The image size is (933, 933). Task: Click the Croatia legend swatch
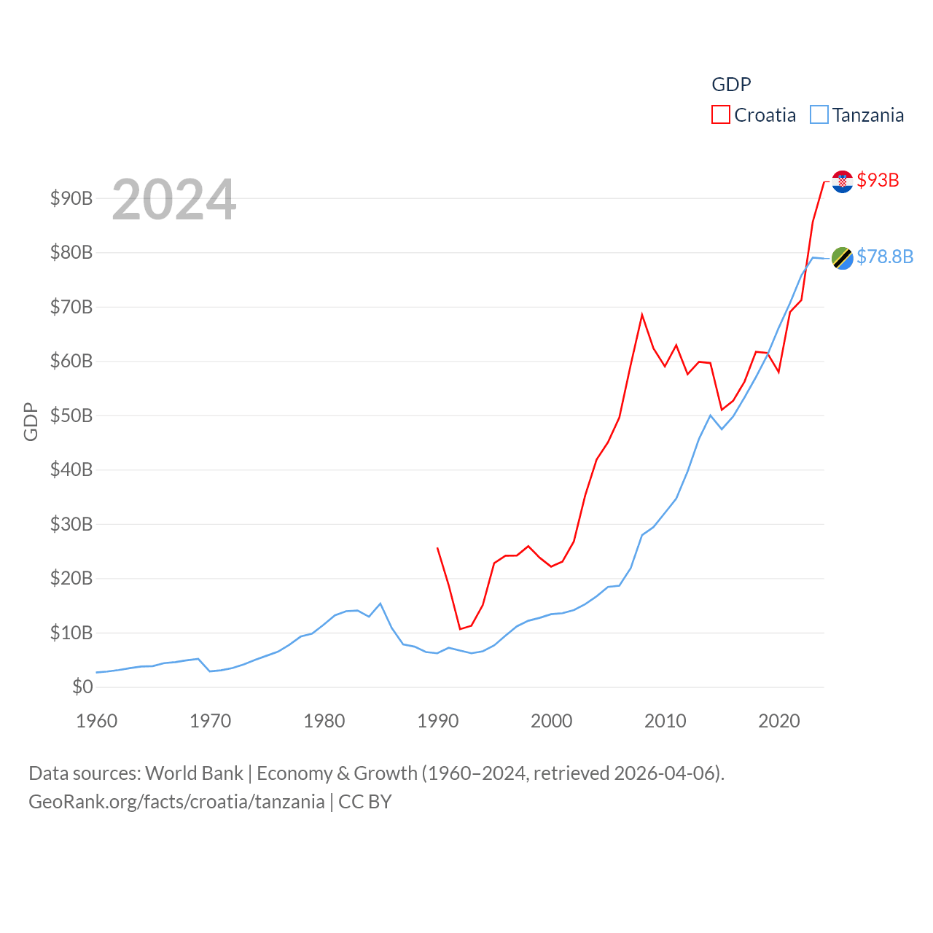(721, 115)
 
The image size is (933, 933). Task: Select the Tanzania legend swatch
(819, 115)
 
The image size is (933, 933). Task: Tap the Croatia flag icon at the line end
(842, 181)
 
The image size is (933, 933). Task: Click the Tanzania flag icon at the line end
(842, 257)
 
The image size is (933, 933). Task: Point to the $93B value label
(878, 180)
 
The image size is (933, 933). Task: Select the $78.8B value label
(885, 257)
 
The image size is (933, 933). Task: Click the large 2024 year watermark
(174, 200)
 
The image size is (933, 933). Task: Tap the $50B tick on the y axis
(71, 415)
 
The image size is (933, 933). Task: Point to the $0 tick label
(82, 687)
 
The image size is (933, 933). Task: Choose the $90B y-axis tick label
(71, 198)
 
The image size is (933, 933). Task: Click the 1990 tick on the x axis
(438, 721)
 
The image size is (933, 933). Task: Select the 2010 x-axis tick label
(665, 721)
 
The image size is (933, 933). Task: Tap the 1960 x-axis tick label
(97, 721)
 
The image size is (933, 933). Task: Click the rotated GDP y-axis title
(31, 421)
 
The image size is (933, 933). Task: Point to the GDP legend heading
(731, 85)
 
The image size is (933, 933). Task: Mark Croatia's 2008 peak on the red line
(642, 315)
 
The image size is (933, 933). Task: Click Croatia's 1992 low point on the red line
(460, 628)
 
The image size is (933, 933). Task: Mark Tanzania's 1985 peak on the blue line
(380, 604)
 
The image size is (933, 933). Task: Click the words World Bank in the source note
(194, 773)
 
